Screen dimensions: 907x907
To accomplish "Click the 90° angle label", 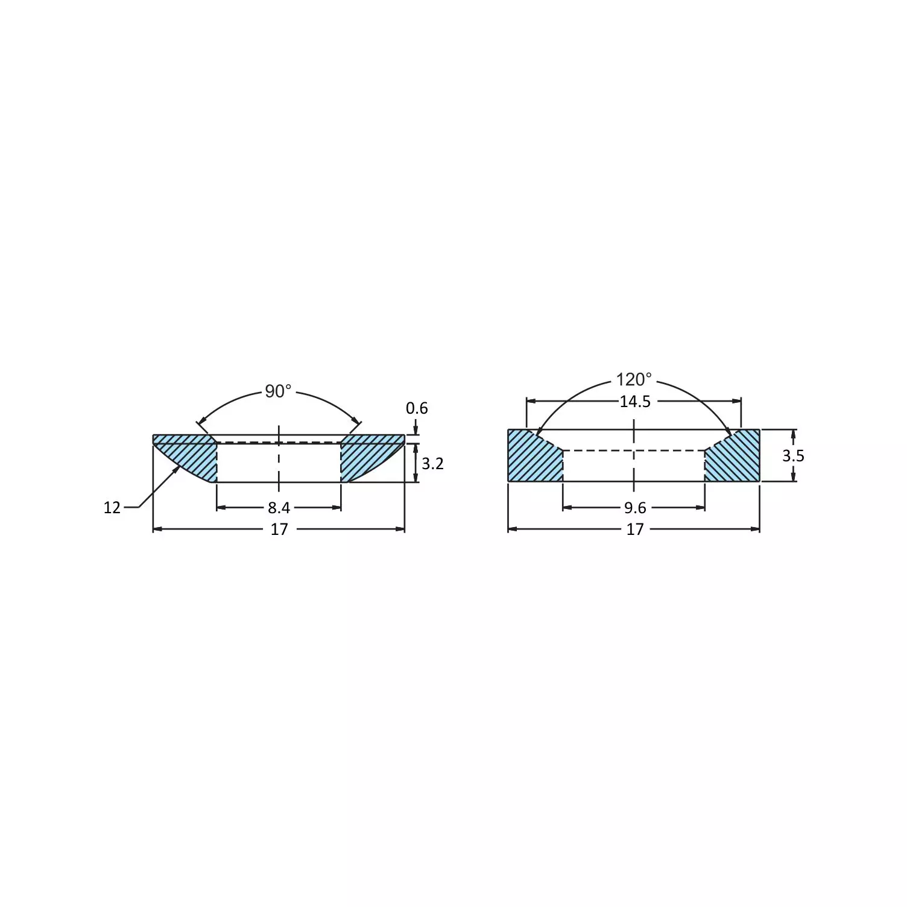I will [278, 392].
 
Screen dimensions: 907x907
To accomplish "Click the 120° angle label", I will [634, 380].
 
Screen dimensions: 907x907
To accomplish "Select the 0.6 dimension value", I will [417, 409].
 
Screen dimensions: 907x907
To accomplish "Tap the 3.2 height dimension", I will [432, 464].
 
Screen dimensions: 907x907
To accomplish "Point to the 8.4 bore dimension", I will [279, 508].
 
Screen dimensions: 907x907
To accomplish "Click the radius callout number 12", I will [112, 508].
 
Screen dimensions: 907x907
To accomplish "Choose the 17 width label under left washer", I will [279, 529].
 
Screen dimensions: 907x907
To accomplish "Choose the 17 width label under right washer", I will [634, 529].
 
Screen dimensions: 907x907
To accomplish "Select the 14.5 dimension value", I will [635, 402].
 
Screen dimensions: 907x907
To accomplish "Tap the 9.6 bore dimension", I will [635, 508].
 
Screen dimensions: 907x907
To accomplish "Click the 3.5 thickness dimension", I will [793, 456].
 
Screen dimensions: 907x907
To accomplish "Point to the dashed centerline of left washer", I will [279, 458].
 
